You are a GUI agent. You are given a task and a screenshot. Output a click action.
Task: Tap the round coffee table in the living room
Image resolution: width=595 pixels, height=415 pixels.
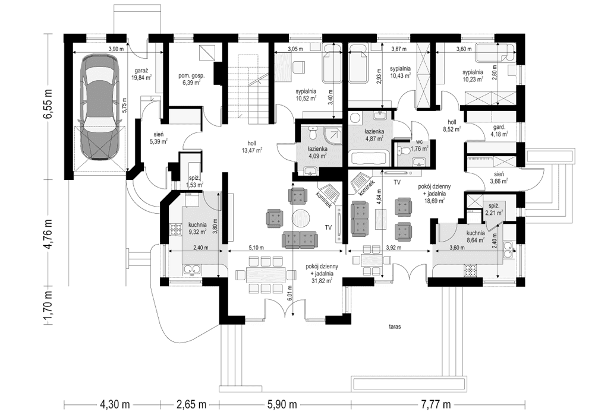301,216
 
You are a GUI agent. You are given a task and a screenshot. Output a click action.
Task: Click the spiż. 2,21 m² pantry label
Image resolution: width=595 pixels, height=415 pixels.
493,208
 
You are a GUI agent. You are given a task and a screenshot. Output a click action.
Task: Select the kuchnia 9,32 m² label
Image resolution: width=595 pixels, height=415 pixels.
197,229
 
